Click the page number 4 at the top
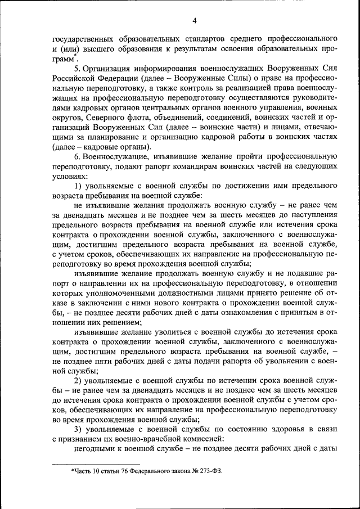pyautogui.click(x=194, y=21)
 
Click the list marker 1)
pyautogui.click(x=78, y=185)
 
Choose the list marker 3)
pyautogui.click(x=78, y=430)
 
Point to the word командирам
pyautogui.click(x=188, y=166)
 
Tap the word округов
pyautogui.click(x=68, y=118)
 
